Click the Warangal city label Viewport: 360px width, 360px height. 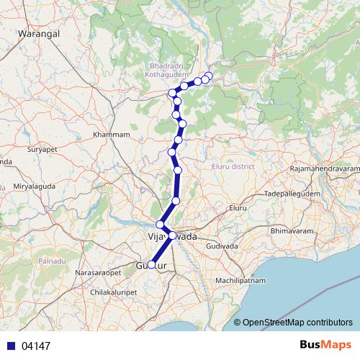pyautogui.click(x=37, y=33)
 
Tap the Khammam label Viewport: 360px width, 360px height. pyautogui.click(x=112, y=135)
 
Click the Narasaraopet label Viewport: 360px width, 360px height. pyautogui.click(x=97, y=274)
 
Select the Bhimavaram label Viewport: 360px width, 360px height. pyautogui.click(x=289, y=230)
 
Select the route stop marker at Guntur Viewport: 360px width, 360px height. pyautogui.click(x=152, y=264)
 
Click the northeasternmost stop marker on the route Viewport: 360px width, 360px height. pyautogui.click(x=210, y=75)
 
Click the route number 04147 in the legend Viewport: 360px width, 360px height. pyautogui.click(x=36, y=346)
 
